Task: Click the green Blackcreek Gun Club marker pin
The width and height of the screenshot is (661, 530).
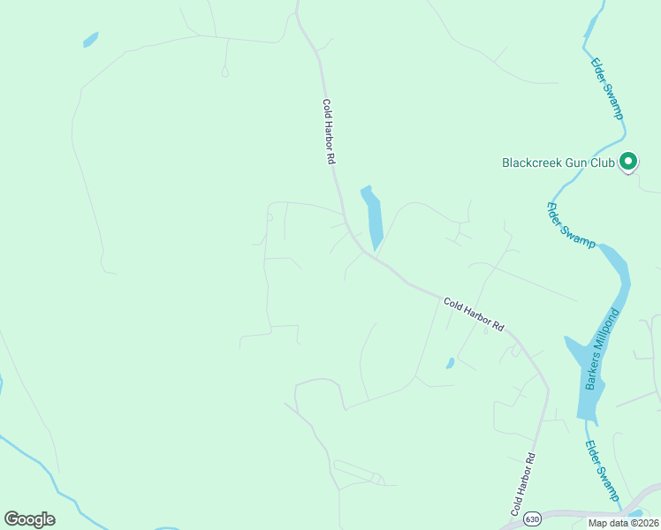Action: [628, 161]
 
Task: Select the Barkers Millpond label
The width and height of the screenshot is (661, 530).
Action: [600, 349]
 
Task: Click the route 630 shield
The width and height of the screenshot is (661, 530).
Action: [531, 517]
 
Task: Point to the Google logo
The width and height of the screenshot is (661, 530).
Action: [29, 519]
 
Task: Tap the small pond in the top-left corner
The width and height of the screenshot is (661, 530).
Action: [90, 40]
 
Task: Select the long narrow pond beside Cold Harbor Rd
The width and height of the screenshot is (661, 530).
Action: [373, 217]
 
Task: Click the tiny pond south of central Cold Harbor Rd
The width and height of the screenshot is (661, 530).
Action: [450, 362]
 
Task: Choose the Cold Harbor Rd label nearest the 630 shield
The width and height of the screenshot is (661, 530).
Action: [524, 484]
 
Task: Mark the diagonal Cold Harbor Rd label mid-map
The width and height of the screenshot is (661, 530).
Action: [473, 314]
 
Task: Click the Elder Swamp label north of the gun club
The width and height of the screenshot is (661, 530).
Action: [608, 89]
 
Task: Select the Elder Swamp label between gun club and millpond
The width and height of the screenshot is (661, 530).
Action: [571, 226]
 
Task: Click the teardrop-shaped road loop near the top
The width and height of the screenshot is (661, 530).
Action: [224, 72]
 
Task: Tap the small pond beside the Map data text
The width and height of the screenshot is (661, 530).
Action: [634, 512]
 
